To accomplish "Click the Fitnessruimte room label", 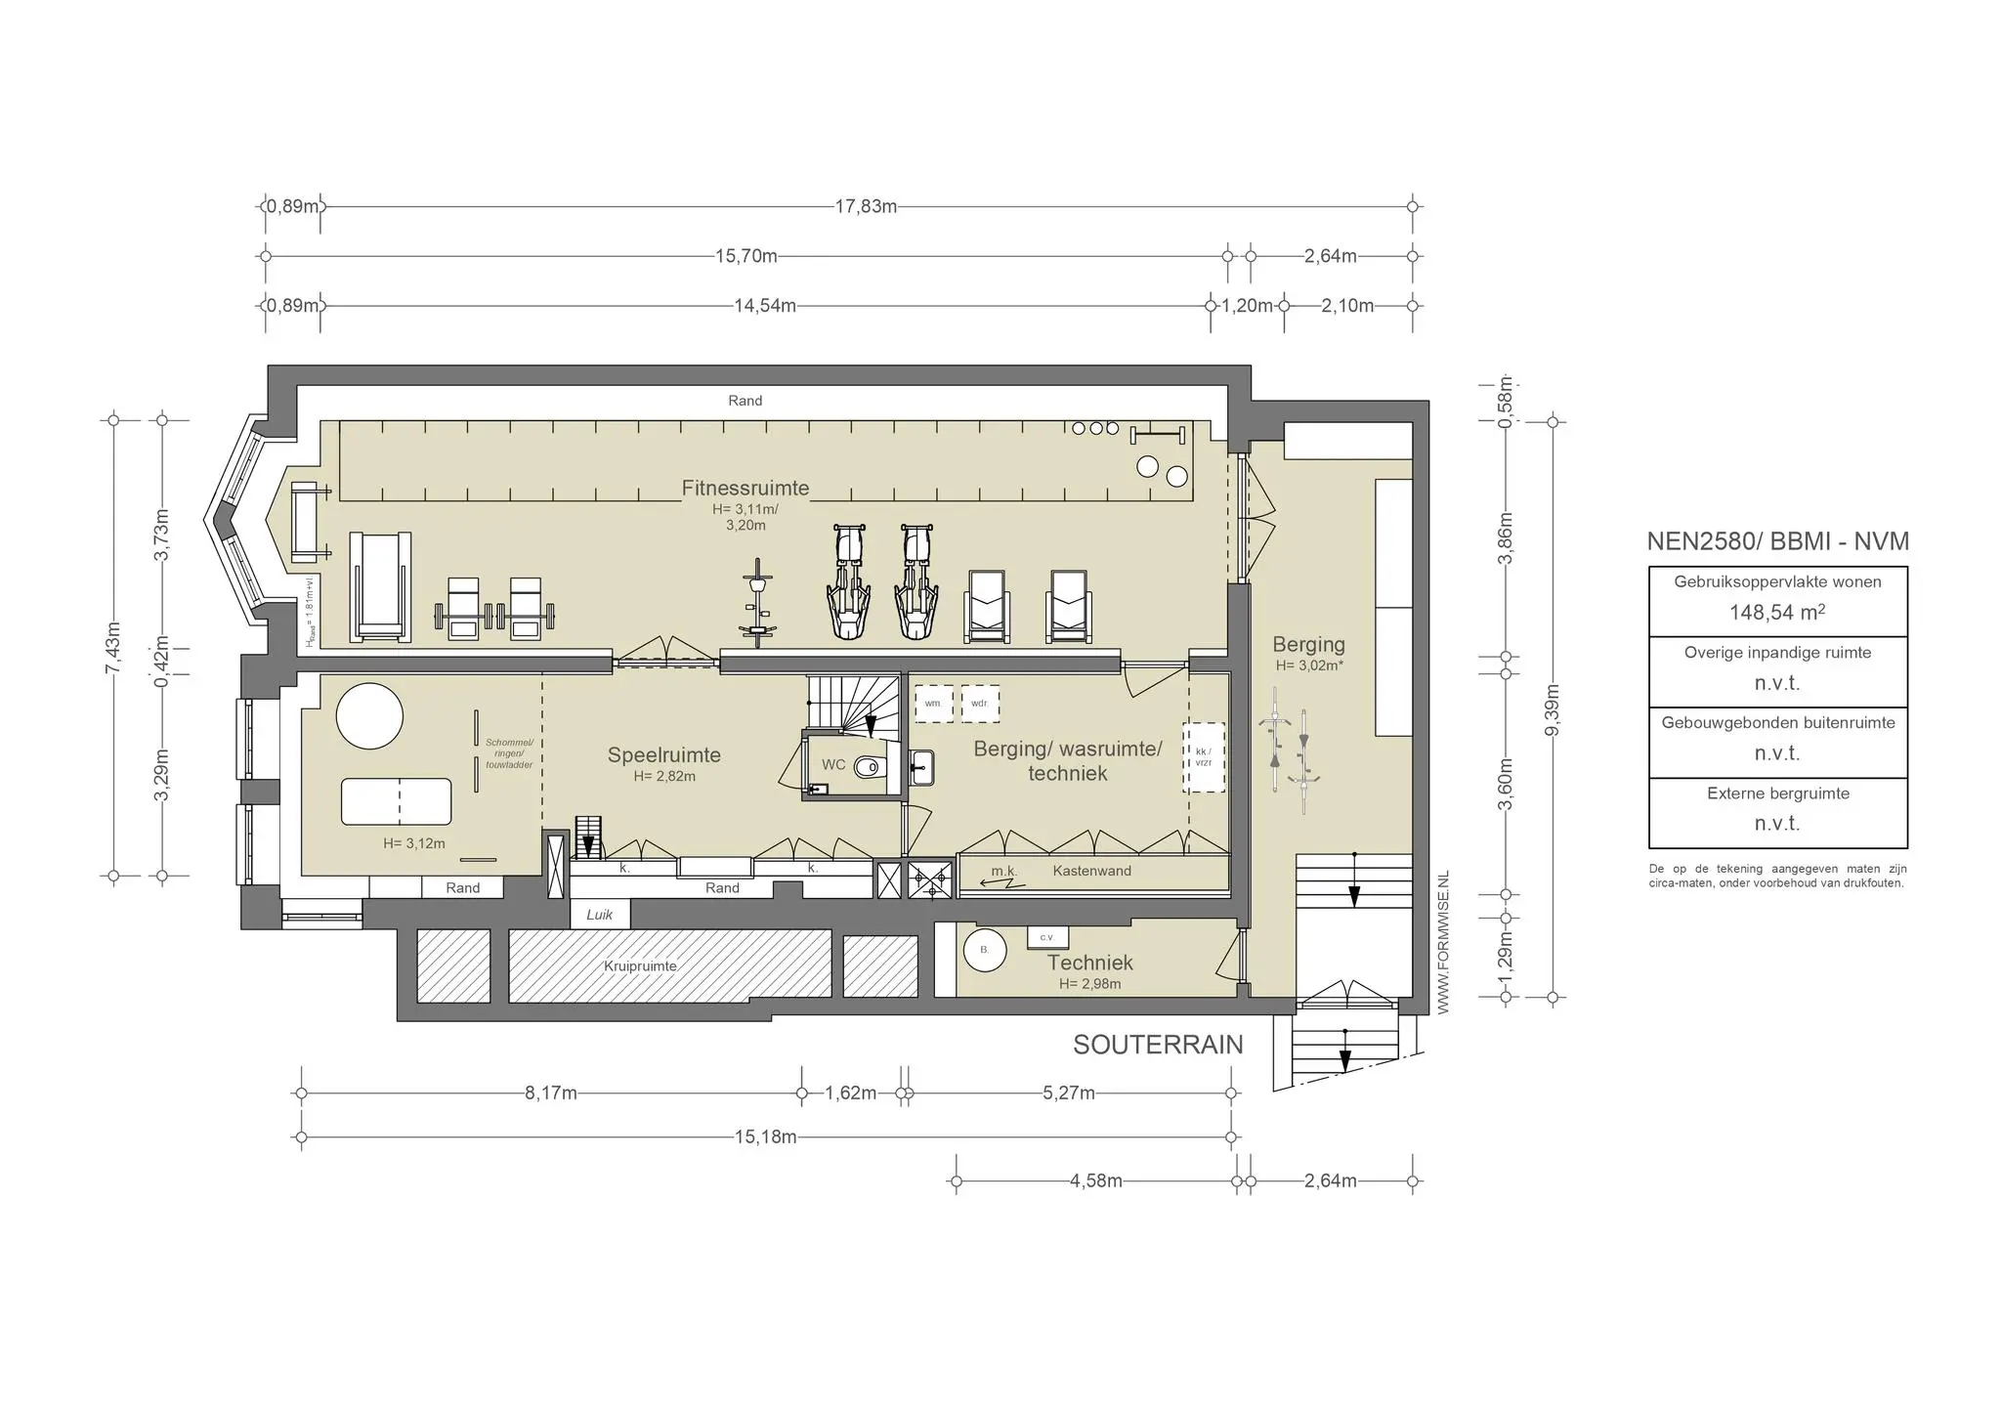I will tap(745, 488).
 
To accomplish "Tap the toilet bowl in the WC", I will tap(869, 768).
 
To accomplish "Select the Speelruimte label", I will tap(663, 754).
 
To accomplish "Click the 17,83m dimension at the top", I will tap(866, 206).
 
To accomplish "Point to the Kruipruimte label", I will tap(640, 965).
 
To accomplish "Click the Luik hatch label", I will tap(599, 915).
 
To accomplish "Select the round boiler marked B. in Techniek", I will tap(984, 949).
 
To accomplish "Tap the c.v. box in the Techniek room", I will tap(1047, 937).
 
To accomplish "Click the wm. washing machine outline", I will tap(933, 704).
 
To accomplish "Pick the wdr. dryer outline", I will tap(980, 704).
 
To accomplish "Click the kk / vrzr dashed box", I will tap(1203, 757).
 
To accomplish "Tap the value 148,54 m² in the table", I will tap(1776, 613).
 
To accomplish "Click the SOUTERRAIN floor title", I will tap(1158, 1045).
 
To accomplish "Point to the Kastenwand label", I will tap(1091, 871).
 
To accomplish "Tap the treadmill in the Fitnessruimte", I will tap(380, 586).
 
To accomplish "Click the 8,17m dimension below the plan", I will tap(551, 1093).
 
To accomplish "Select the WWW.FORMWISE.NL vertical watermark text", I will tap(1442, 942).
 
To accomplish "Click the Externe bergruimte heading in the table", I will tap(1777, 793).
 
